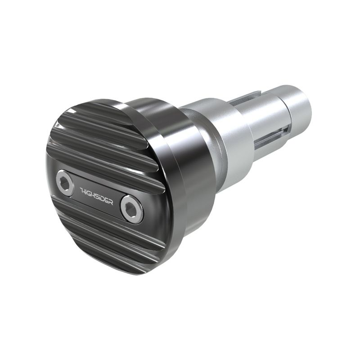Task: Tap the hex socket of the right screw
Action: [x=131, y=209]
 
